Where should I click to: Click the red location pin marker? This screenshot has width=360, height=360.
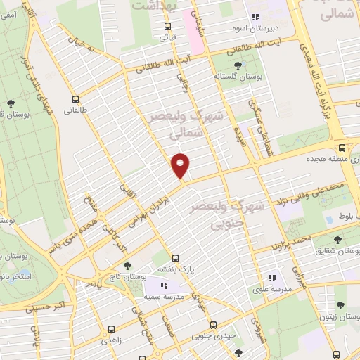click(x=181, y=166)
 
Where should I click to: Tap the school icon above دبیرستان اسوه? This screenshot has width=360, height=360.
click(x=255, y=17)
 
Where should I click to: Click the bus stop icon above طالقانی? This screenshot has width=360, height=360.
click(x=75, y=99)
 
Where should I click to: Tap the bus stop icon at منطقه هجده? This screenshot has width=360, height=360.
click(x=342, y=148)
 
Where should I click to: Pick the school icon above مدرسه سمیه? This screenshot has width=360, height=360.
click(x=163, y=286)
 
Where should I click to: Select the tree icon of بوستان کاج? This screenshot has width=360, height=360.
click(x=127, y=265)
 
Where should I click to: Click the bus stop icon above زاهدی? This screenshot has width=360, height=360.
click(x=111, y=328)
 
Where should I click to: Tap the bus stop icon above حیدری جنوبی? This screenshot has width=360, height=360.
click(x=213, y=325)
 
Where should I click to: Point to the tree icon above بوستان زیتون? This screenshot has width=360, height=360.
click(x=340, y=306)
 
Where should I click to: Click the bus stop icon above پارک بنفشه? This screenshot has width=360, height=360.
click(x=176, y=257)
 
